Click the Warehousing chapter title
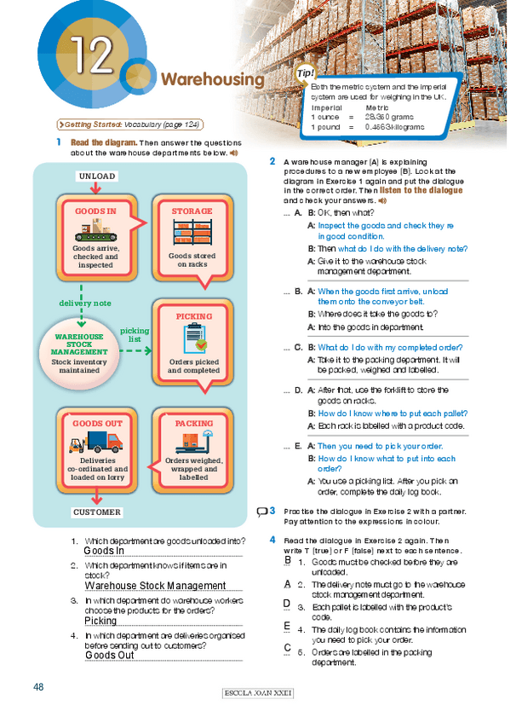pyautogui.click(x=212, y=80)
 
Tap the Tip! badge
pyautogui.click(x=304, y=74)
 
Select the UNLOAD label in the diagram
pyautogui.click(x=96, y=176)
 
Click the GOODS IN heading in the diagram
pyautogui.click(x=95, y=211)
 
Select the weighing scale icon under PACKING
pyautogui.click(x=193, y=442)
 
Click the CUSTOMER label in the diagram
pyautogui.click(x=97, y=512)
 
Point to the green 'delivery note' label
pyautogui.click(x=84, y=303)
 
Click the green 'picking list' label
pyautogui.click(x=134, y=334)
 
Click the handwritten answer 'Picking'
pyautogui.click(x=100, y=622)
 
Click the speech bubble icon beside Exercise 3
pyautogui.click(x=262, y=512)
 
